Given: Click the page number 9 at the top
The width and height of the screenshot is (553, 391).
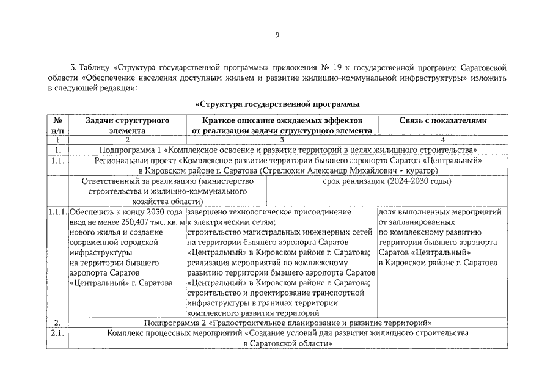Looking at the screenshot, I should click(277, 35).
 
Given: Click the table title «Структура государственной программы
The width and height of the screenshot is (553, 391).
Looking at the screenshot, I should click(277, 104).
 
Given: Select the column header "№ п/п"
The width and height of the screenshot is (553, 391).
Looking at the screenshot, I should click(57, 125).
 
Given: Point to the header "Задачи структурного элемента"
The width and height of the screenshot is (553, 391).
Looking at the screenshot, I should click(127, 125).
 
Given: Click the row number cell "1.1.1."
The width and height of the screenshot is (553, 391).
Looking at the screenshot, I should click(57, 212).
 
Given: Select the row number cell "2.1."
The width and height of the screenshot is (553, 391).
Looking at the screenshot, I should click(57, 334).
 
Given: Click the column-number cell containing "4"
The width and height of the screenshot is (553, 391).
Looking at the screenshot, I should click(443, 140).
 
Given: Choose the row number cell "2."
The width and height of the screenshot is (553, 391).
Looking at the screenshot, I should click(57, 322).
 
